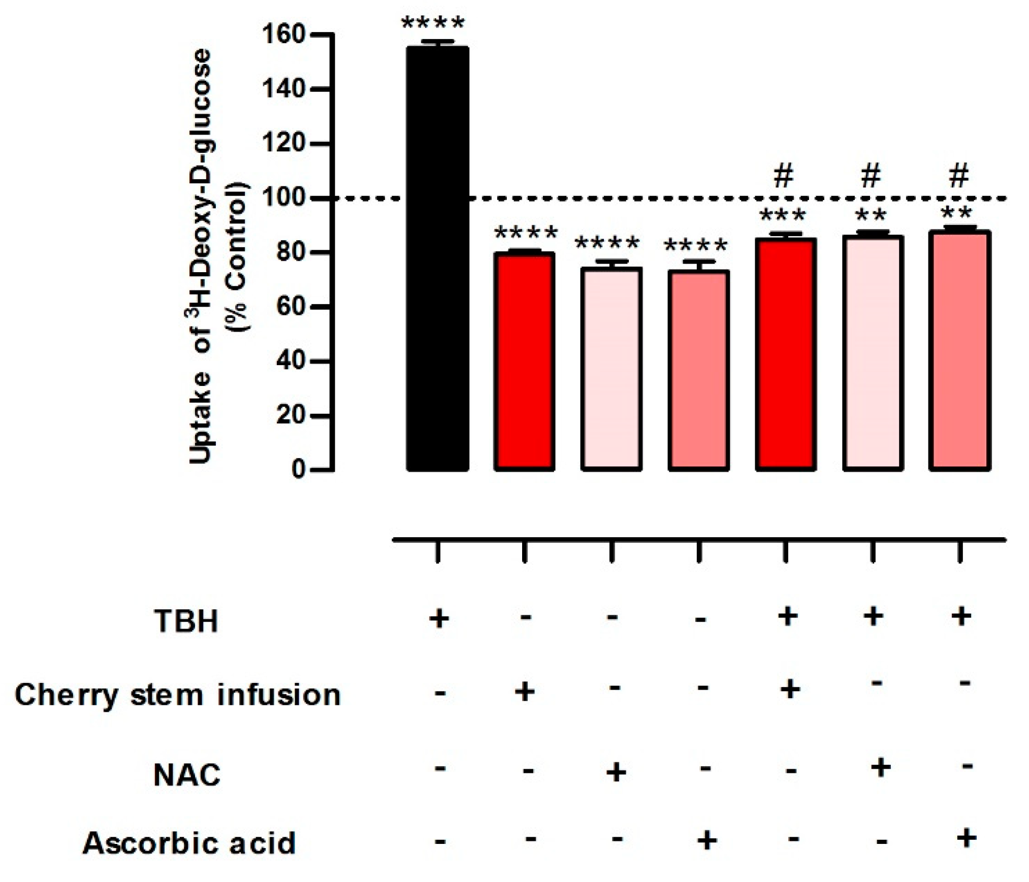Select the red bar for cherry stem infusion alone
point(524,361)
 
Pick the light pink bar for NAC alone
point(611,369)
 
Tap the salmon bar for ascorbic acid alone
point(698,370)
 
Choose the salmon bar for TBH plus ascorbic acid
point(959,350)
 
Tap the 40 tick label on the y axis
point(290,361)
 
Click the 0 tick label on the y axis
point(298,470)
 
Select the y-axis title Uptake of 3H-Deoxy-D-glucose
point(200,256)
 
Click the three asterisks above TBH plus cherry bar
point(782,216)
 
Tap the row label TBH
point(186,620)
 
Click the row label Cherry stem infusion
point(177,695)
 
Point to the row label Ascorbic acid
point(189,843)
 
